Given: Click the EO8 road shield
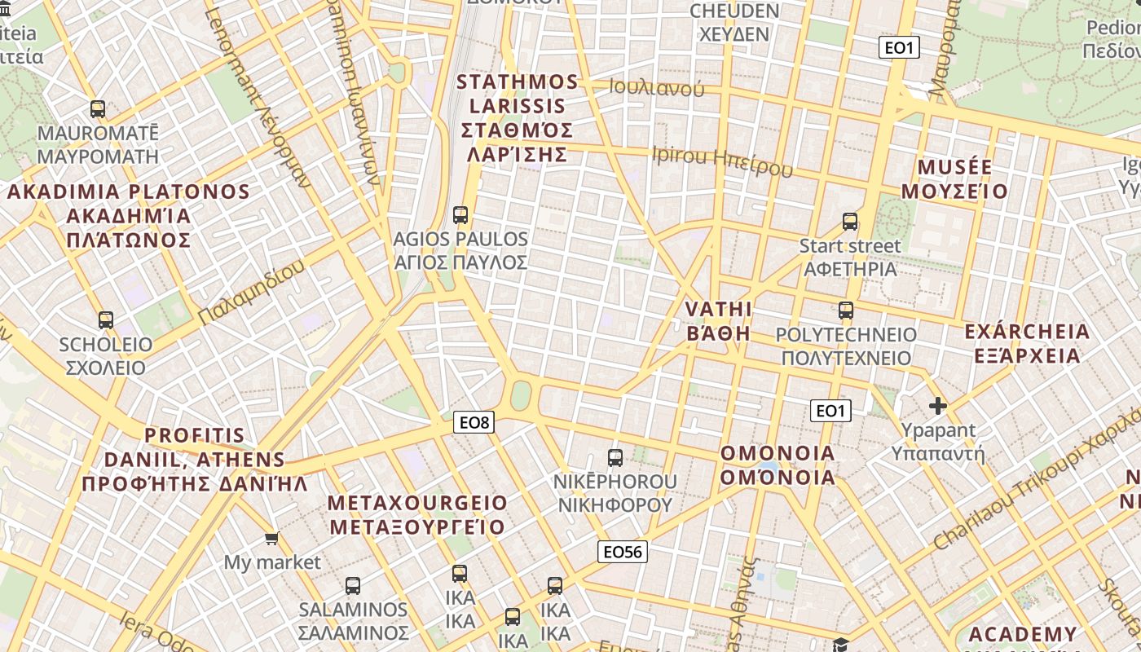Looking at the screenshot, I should tap(474, 422).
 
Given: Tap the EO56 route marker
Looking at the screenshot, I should tap(622, 552).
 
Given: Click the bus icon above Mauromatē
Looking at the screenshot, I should tap(98, 108).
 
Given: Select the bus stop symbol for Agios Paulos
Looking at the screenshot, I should tap(460, 215).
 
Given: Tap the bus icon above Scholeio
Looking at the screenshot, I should tap(106, 320).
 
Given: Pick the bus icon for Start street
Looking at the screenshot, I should tap(850, 222).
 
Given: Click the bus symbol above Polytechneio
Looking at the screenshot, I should tap(846, 311).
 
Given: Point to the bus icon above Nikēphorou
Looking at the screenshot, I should tap(615, 458).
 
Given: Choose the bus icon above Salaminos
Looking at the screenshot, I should tap(353, 585).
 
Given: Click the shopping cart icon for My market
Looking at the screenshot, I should tap(272, 538).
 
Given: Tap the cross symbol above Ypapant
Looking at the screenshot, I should tap(938, 405).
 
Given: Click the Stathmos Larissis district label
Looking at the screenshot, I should tap(517, 118).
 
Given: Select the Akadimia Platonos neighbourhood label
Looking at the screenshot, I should tap(128, 216).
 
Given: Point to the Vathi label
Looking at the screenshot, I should tap(718, 321).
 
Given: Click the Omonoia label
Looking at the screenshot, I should tap(778, 465).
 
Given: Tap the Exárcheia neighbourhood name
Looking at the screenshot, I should tap(1026, 343).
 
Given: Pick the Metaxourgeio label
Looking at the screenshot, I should tap(417, 515).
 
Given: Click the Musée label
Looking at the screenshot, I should tap(955, 179).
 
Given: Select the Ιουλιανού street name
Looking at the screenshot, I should tap(656, 88).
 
